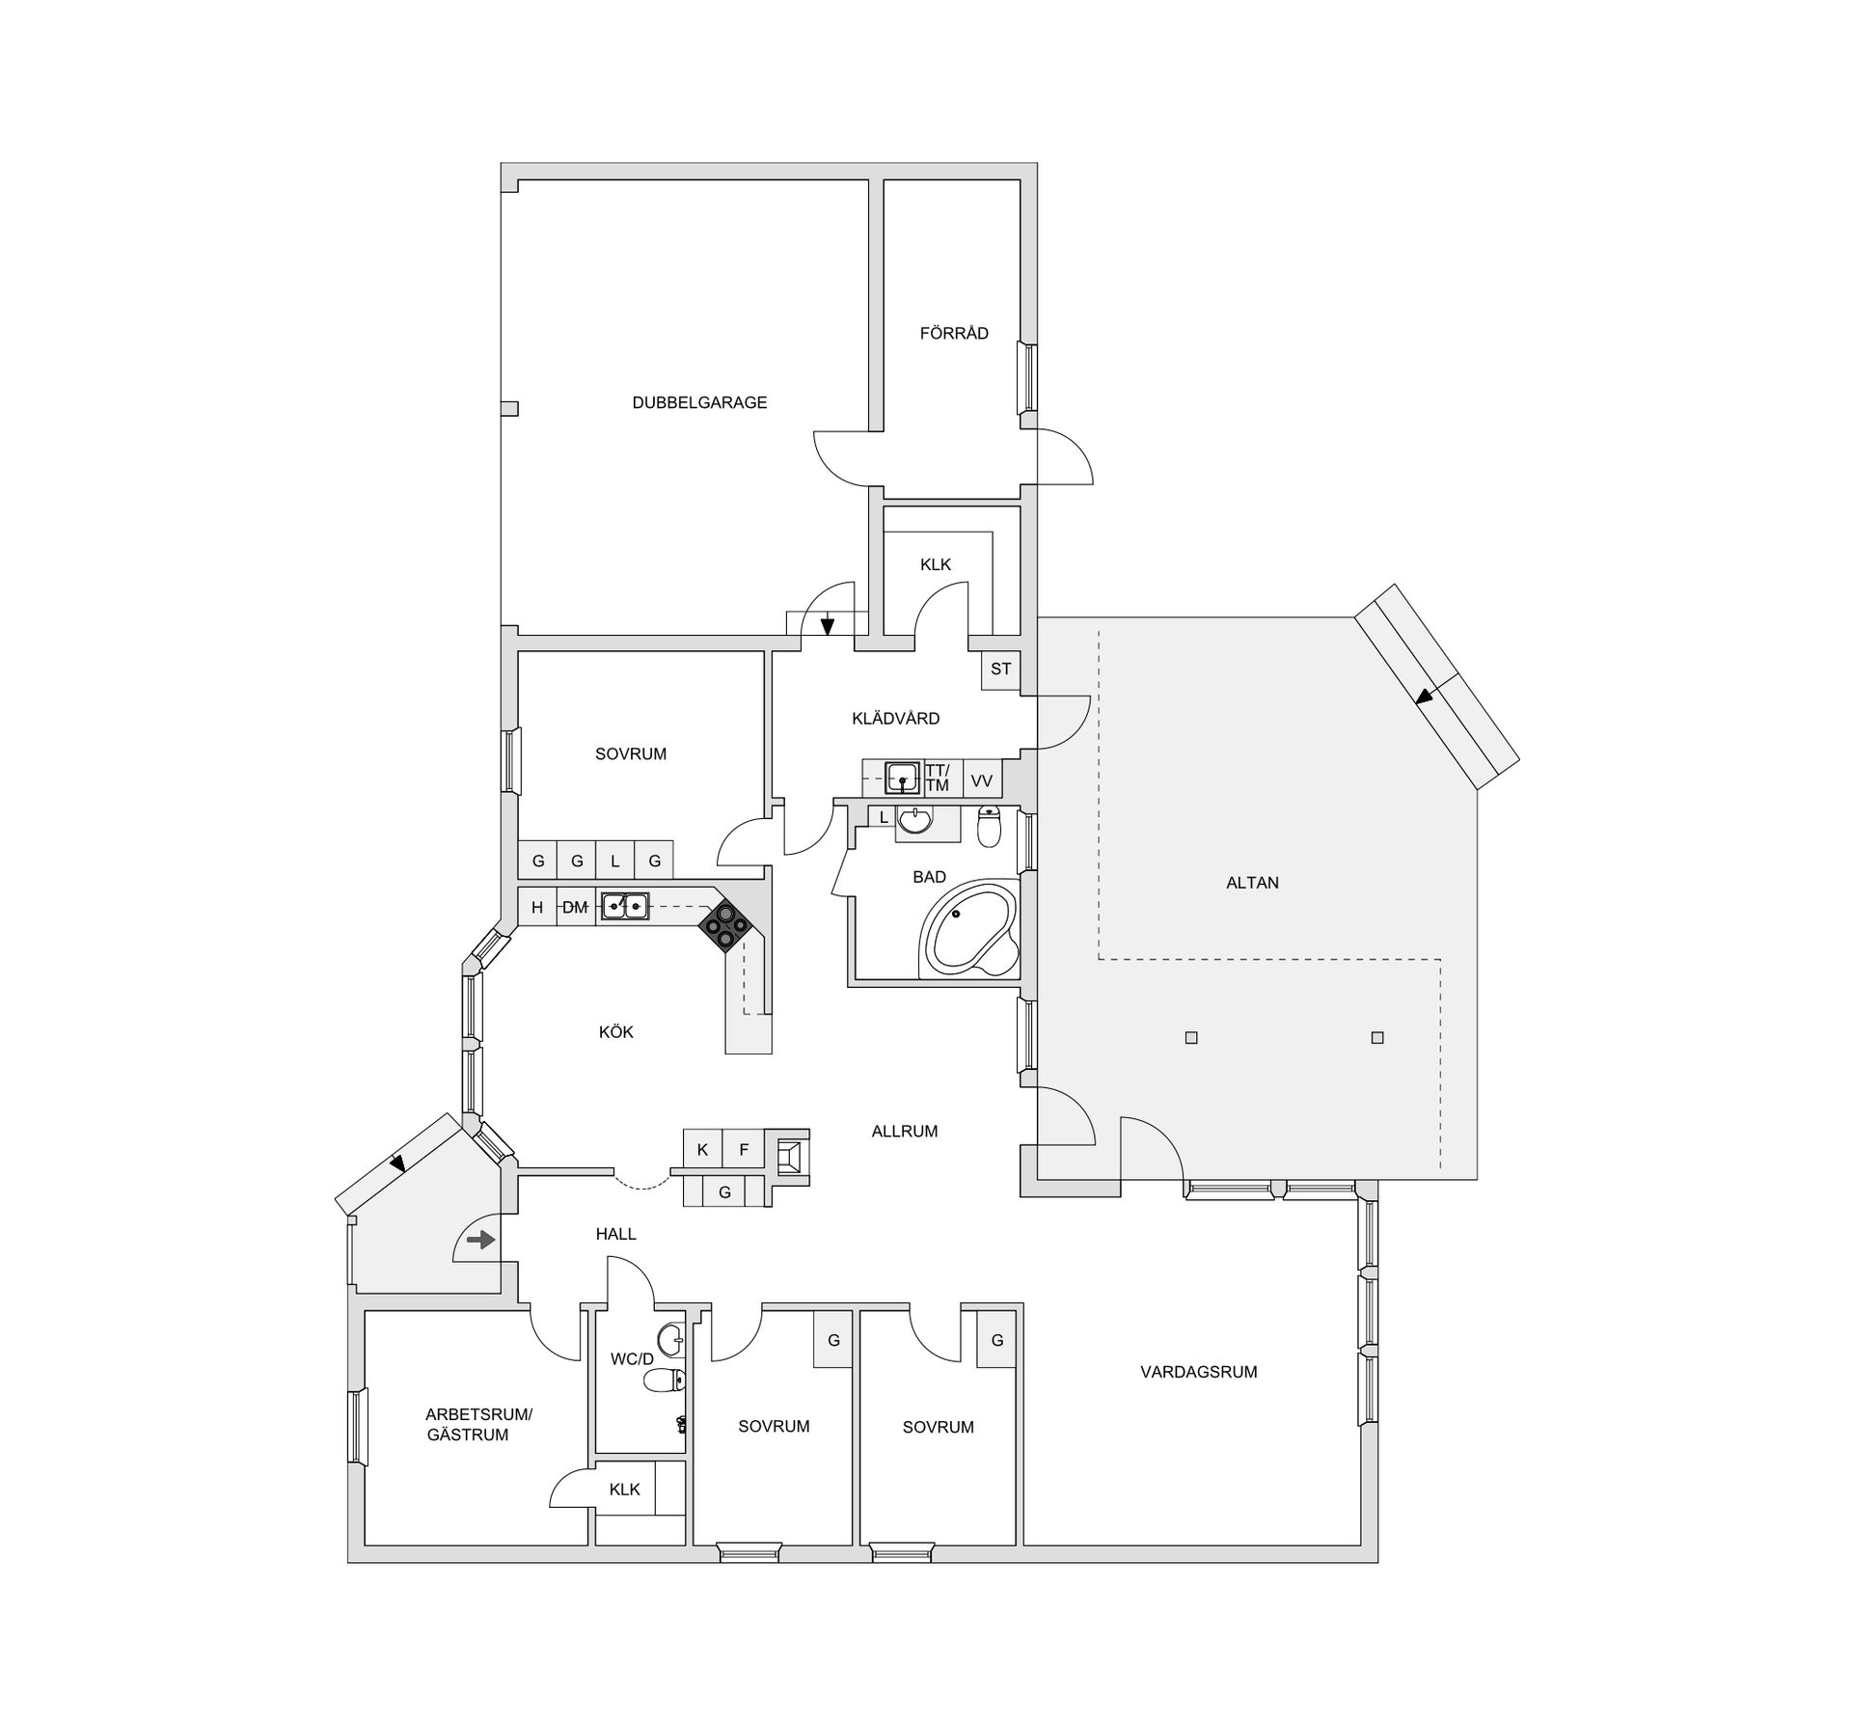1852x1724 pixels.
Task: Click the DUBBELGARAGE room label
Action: pos(699,403)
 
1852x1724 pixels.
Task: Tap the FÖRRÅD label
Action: pos(954,334)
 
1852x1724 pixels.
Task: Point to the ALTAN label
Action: pos(1252,883)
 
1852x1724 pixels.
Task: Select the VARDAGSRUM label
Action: pos(1199,1372)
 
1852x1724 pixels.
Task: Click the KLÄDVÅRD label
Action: pos(895,719)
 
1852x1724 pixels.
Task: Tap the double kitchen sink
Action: pos(624,906)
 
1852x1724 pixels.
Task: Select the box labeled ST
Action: pos(1000,669)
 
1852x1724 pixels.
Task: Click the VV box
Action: pos(982,780)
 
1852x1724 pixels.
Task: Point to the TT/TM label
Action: pos(937,779)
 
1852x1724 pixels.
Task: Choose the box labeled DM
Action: pos(576,907)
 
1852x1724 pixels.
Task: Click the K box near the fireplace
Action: pos(702,1150)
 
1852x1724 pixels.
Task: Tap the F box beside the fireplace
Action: pos(744,1150)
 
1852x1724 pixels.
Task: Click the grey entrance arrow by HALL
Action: pos(480,1240)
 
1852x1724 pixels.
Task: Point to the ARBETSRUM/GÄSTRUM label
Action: pos(477,1425)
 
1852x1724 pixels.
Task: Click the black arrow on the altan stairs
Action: pos(1424,696)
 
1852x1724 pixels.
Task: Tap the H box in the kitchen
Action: pos(537,907)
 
